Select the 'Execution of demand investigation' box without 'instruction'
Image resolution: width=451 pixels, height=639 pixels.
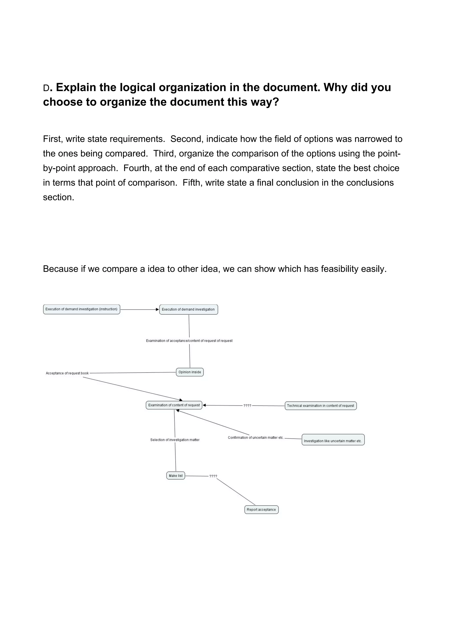[x=189, y=310]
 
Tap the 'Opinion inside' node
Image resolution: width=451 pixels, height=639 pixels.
[x=190, y=372]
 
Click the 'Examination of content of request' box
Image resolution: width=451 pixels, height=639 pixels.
[x=174, y=405]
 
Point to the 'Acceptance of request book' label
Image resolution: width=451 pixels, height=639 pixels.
[x=67, y=373]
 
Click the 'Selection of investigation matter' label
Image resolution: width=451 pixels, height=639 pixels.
[x=175, y=440]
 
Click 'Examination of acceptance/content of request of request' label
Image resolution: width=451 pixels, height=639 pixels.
[x=189, y=341]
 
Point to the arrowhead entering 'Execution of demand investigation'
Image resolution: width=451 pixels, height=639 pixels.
[x=157, y=310]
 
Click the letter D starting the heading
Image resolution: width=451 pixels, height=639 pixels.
[x=46, y=88]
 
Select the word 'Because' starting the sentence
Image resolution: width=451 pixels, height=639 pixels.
[x=61, y=269]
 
